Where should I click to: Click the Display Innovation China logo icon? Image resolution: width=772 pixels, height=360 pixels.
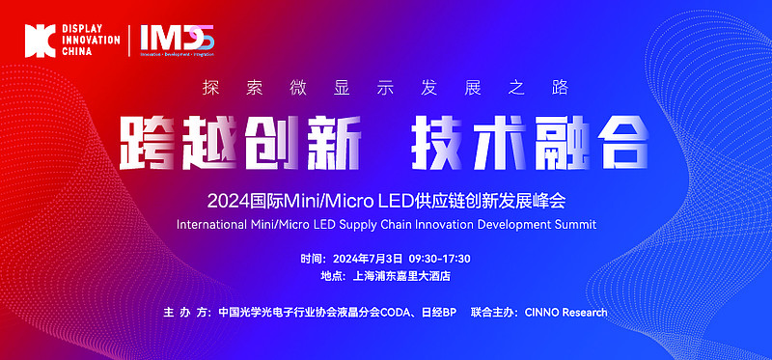39,39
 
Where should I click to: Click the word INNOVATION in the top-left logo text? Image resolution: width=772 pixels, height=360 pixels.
90,39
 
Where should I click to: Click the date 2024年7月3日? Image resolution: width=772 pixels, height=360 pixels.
367,260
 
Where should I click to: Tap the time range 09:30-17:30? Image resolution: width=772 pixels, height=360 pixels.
439,260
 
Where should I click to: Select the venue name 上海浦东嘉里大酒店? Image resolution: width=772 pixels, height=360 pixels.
403,276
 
